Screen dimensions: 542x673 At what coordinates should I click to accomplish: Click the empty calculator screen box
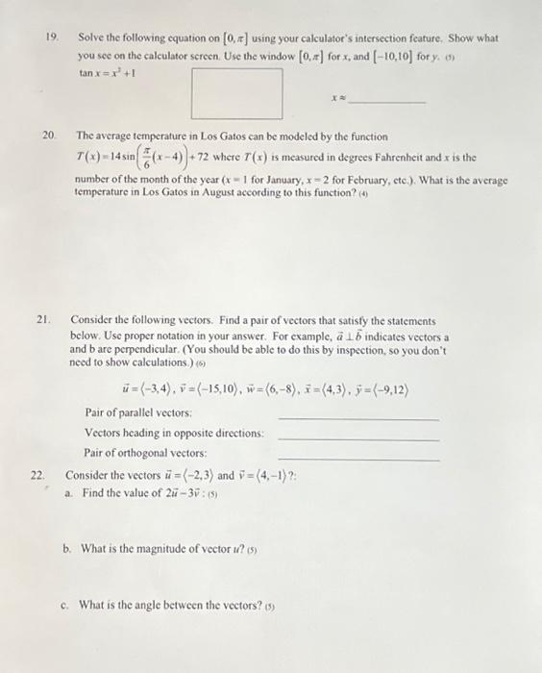pos(237,88)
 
